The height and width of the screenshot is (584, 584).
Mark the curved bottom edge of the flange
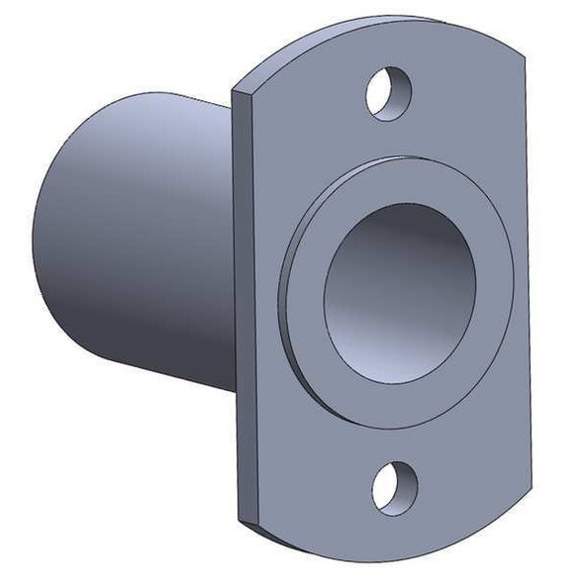click(396, 558)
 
